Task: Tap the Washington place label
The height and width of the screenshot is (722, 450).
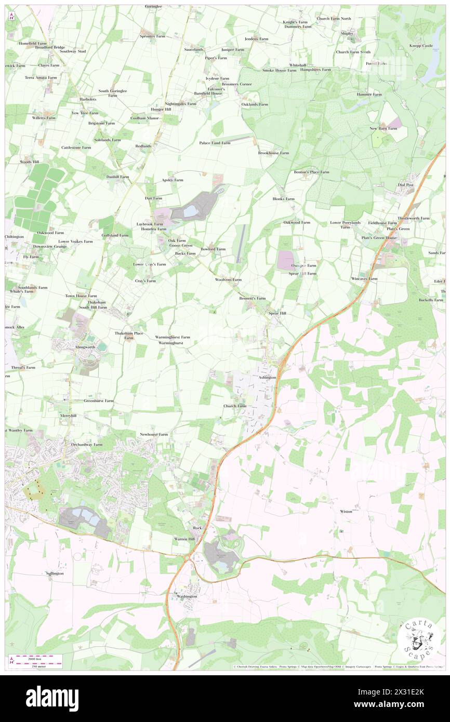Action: click(x=187, y=596)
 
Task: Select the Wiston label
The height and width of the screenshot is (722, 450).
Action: click(x=346, y=512)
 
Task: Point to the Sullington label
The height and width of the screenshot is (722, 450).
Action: click(x=55, y=573)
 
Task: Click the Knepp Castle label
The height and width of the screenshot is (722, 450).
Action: click(x=421, y=46)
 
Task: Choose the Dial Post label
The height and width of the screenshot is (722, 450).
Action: click(x=406, y=184)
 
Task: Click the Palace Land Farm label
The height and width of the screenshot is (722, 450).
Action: click(x=215, y=142)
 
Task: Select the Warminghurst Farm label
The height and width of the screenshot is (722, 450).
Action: click(x=173, y=337)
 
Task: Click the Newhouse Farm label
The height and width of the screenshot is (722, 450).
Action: click(x=154, y=434)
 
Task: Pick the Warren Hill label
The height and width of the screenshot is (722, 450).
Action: click(x=184, y=539)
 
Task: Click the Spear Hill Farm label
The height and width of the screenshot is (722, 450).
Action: click(x=302, y=273)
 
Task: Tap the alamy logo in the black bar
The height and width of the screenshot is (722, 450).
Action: click(x=52, y=698)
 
